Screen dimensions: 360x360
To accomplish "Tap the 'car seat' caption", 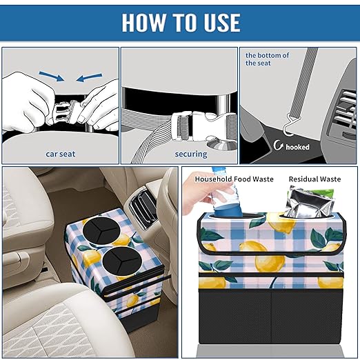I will [x=60, y=154].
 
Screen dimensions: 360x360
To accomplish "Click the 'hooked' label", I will [x=297, y=147].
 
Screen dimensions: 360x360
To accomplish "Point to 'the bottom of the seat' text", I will [x=267, y=59].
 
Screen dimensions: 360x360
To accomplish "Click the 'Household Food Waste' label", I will [x=234, y=179].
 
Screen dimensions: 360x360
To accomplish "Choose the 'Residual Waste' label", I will [x=314, y=179].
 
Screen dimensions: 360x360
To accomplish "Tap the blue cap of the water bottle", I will [x=219, y=172].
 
